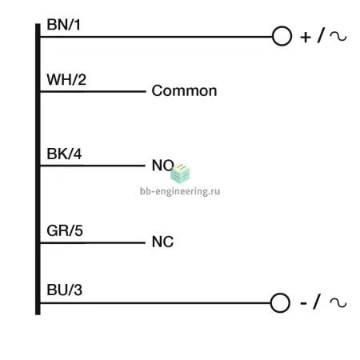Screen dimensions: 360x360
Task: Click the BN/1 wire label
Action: coord(63,25)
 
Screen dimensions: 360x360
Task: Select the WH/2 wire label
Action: coord(66,79)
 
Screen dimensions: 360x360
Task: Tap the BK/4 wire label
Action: coord(64,154)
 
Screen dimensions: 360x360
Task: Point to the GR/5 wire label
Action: coord(65,230)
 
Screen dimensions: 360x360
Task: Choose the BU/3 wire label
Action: coord(64,290)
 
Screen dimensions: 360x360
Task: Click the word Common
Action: coord(184,91)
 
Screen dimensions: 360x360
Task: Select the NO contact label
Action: coord(162,166)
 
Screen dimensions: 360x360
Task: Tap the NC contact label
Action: coord(162,242)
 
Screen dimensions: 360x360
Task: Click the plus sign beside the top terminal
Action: coord(306,37)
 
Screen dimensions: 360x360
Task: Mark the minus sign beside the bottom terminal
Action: coord(303,303)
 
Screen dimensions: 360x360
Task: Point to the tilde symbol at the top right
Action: coord(338,36)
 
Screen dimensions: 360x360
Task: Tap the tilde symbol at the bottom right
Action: coord(338,302)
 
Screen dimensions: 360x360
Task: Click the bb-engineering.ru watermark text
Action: coord(180,191)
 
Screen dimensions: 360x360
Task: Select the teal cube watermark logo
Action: coord(180,174)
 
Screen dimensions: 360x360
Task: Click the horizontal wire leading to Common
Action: coord(93,91)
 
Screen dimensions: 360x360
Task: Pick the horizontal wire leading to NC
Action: coord(93,242)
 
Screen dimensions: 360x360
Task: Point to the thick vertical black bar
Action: coord(38,169)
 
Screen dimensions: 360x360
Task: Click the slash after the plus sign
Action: coord(321,35)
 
